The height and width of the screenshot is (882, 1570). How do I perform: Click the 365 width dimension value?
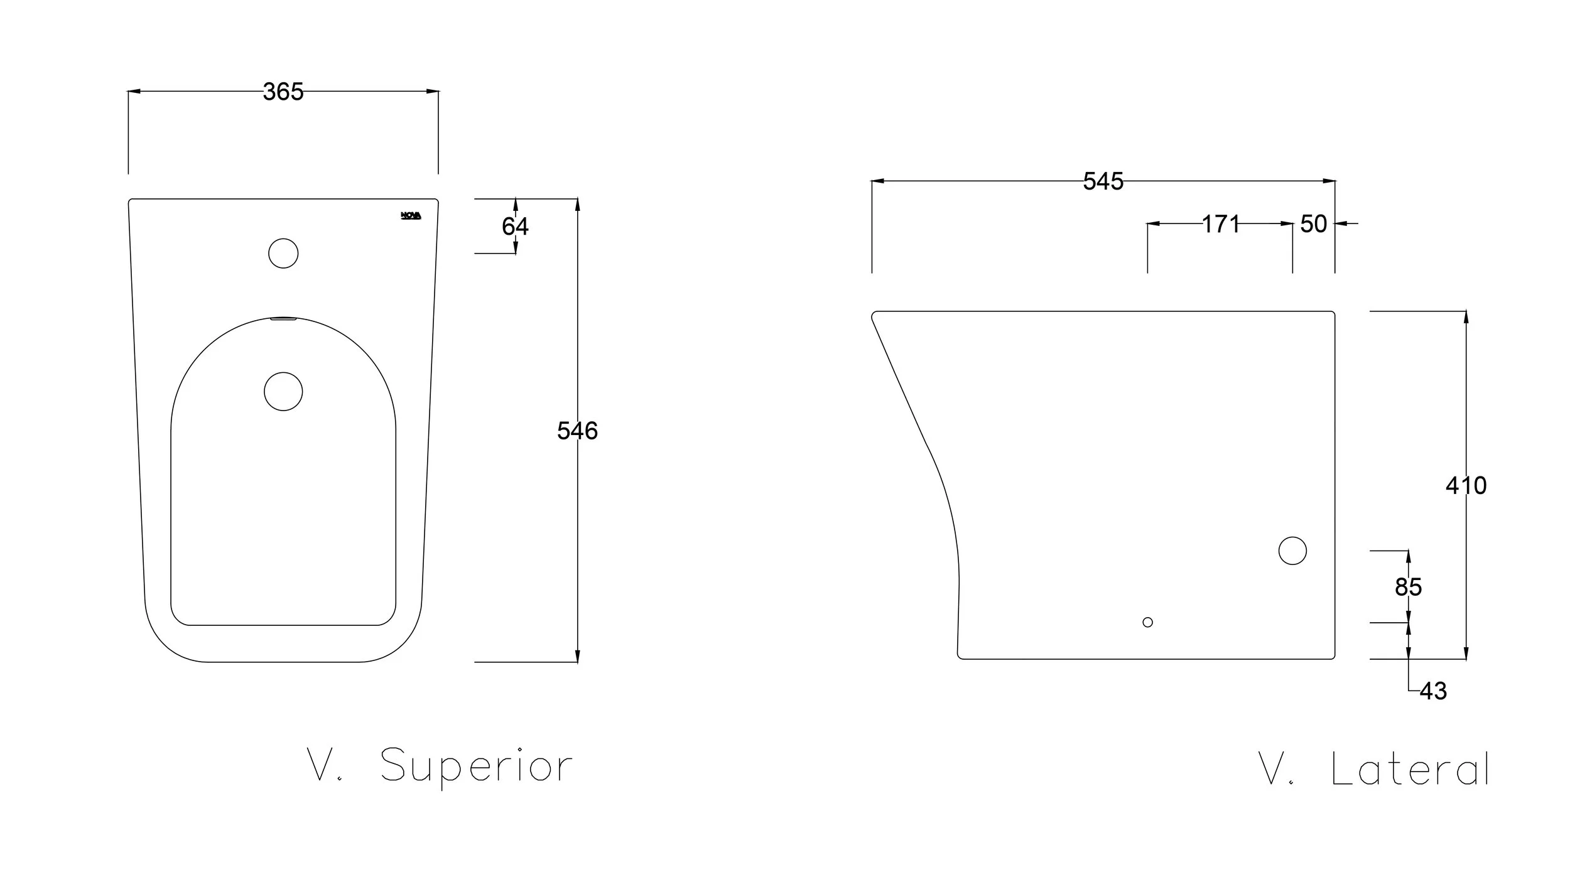283,92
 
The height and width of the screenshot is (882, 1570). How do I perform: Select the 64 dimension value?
515,226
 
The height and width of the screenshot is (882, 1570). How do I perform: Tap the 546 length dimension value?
577,431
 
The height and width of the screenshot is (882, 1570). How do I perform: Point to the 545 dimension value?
1103,181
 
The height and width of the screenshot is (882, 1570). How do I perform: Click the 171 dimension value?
1221,224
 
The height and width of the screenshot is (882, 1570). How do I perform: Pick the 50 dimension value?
1313,224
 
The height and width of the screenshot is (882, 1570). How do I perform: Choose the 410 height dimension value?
1466,485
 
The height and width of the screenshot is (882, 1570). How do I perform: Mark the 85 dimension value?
1408,587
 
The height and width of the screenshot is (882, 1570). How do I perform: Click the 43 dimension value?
1433,691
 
